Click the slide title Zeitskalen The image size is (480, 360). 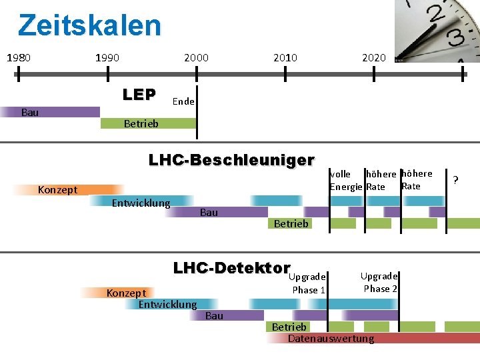click(89, 25)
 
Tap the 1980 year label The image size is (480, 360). click(19, 57)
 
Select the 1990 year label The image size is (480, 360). click(107, 57)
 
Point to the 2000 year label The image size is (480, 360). click(196, 57)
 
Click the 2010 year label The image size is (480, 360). click(285, 57)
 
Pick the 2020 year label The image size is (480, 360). click(373, 57)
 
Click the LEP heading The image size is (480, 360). click(139, 95)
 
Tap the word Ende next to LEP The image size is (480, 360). click(183, 101)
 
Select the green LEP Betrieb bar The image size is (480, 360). click(148, 123)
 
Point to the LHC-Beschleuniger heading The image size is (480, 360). click(231, 160)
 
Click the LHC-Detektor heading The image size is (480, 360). click(231, 268)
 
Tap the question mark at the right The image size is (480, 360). click(456, 180)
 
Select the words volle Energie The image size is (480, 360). click(345, 180)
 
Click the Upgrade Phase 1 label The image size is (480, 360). click(309, 283)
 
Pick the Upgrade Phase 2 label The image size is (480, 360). click(380, 282)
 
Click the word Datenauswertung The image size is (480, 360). click(331, 339)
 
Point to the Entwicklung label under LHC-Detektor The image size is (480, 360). click(167, 305)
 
